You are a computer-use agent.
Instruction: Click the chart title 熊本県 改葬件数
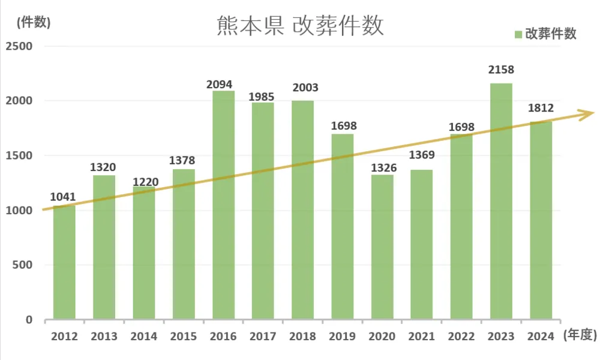click(x=299, y=27)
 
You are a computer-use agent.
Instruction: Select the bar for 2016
click(x=223, y=204)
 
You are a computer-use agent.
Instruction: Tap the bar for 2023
click(x=501, y=201)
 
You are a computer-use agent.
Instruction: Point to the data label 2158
click(x=501, y=70)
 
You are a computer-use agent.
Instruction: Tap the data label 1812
click(x=541, y=109)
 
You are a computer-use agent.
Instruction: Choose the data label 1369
click(x=422, y=156)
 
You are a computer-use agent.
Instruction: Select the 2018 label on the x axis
click(x=302, y=337)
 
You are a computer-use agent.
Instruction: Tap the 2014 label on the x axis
click(x=143, y=337)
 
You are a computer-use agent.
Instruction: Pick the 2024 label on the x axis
click(x=541, y=337)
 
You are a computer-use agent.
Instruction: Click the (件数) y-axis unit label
click(x=34, y=23)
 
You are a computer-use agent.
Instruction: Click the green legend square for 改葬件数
click(x=518, y=34)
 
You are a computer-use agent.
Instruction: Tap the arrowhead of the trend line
click(x=587, y=112)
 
